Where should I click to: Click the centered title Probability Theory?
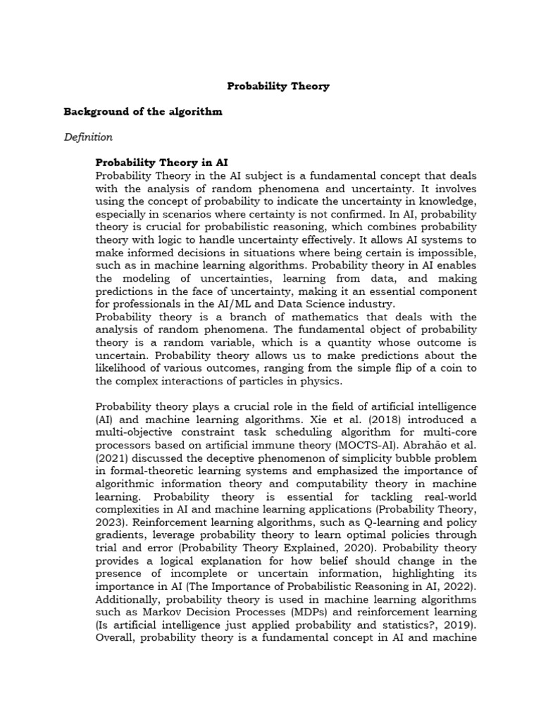point(278,87)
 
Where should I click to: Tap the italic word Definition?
point(88,137)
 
